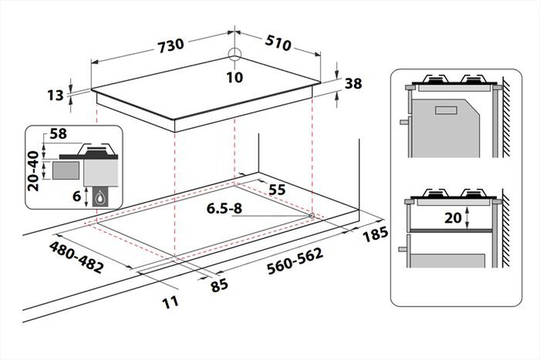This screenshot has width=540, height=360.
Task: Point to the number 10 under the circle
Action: point(234,77)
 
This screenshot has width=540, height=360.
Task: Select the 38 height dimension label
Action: point(353,84)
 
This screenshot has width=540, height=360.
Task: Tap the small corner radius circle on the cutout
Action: point(312,216)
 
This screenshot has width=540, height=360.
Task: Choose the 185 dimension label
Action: point(376,235)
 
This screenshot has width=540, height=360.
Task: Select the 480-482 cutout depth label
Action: point(76,257)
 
